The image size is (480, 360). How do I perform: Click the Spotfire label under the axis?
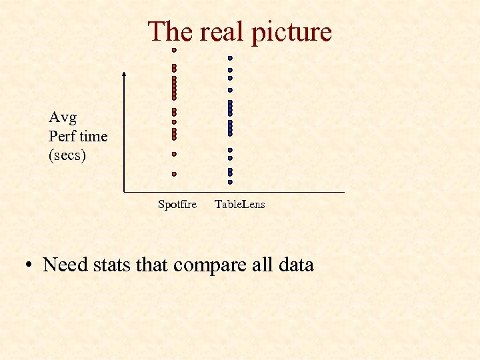tap(177, 205)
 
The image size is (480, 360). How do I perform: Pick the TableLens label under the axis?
tap(239, 205)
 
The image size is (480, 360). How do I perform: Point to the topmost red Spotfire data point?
tap(174, 50)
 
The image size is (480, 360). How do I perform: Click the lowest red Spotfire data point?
tap(174, 174)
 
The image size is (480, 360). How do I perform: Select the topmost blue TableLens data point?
tap(230, 58)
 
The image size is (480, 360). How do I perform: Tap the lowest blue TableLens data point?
tap(230, 181)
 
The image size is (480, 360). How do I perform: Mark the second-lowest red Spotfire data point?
tap(174, 154)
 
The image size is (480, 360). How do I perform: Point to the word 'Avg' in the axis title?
tap(63, 118)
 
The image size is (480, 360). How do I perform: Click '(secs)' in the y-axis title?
tap(67, 155)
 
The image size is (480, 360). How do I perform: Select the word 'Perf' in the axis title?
tap(61, 137)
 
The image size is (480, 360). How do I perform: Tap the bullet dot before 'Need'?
tap(29, 266)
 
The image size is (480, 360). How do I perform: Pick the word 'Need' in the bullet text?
tap(65, 265)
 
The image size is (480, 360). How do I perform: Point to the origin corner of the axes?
tap(125, 192)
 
